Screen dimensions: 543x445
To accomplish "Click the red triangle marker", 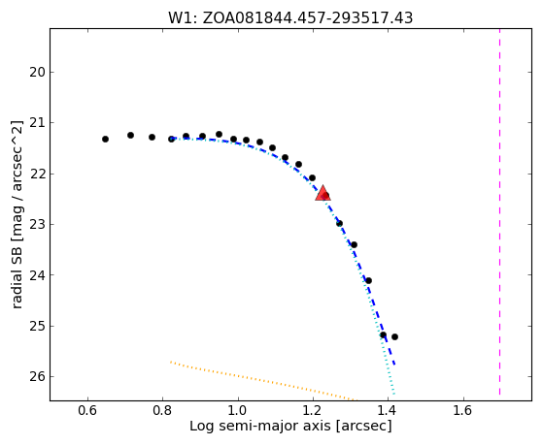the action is (x=322, y=194).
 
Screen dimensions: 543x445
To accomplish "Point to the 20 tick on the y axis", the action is (x=51, y=72).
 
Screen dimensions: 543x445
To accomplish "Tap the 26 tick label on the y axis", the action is (x=37, y=376).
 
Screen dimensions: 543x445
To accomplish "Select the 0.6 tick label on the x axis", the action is (x=87, y=411).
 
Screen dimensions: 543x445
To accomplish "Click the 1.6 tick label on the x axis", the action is (x=463, y=411).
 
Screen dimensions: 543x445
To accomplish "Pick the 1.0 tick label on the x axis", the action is (x=238, y=411).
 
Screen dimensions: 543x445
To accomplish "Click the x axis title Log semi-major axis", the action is (x=290, y=427).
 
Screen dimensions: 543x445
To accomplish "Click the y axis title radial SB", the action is (x=17, y=214).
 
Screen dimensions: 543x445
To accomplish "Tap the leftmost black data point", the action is (x=105, y=139).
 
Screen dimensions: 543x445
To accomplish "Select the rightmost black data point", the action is (x=394, y=336).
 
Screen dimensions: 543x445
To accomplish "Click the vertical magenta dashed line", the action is (x=499, y=211).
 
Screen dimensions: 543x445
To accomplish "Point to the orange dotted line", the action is (x=263, y=381).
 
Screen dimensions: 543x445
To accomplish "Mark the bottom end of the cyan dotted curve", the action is (x=393, y=395).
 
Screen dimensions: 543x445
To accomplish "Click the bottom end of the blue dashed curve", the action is (x=394, y=365).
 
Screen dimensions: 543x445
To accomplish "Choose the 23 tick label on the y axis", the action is (x=37, y=224).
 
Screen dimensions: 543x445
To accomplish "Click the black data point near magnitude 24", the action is (x=368, y=280).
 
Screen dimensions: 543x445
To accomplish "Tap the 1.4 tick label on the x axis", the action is (x=389, y=411).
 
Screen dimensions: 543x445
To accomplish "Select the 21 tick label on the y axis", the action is (x=37, y=123).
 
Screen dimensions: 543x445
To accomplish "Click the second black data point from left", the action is (x=130, y=135).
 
